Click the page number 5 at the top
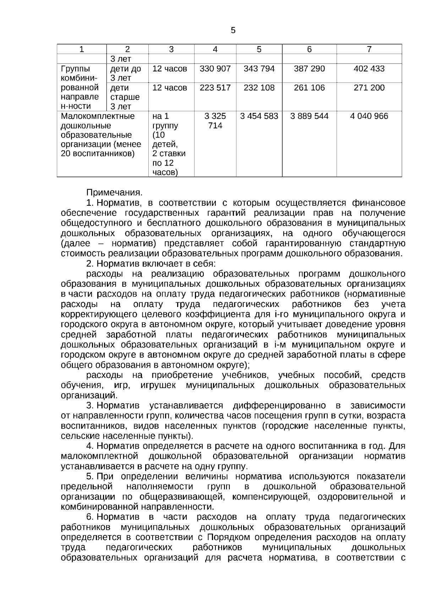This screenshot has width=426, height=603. coord(233,31)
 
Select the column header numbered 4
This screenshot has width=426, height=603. coord(215,49)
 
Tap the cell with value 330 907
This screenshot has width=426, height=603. coord(215,69)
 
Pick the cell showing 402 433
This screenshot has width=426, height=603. coord(369,69)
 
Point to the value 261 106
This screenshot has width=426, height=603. coord(309,87)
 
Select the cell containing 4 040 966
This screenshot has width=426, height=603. coord(369,116)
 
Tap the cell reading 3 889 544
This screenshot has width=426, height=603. coord(309,116)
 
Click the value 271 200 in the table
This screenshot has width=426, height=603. coord(369,87)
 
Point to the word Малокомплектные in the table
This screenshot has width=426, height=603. coord(98,116)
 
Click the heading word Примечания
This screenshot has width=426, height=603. coord(114,193)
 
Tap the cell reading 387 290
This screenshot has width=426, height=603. coord(309,69)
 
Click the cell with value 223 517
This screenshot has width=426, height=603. coord(215,87)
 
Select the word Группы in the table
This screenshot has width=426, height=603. coord(76,69)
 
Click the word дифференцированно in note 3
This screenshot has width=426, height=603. coord(279,406)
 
